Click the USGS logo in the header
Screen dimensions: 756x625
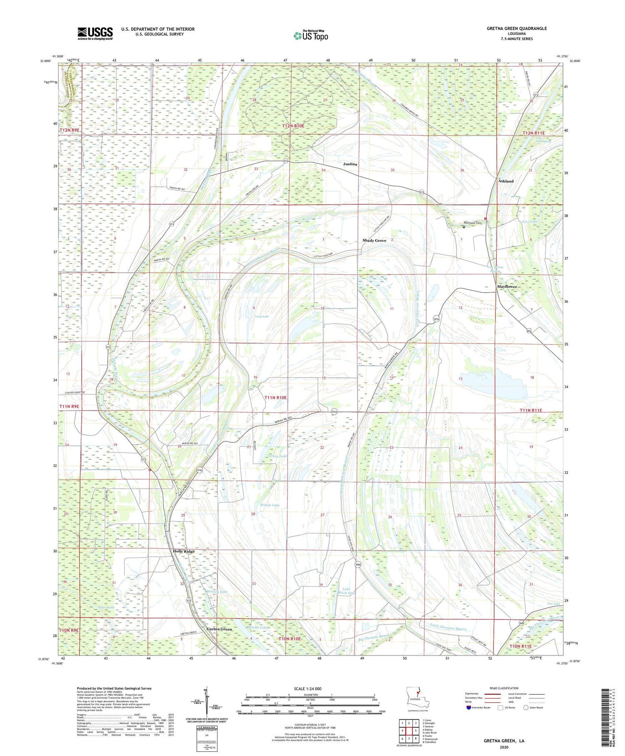pyautogui.click(x=95, y=33)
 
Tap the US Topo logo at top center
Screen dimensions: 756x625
pyautogui.click(x=310, y=35)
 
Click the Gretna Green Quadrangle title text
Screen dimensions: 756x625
pyautogui.click(x=517, y=28)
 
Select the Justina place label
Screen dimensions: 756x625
pyautogui.click(x=350, y=164)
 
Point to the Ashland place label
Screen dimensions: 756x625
pyautogui.click(x=506, y=181)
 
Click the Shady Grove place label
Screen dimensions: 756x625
pyautogui.click(x=374, y=241)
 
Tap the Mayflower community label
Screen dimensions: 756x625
pyautogui.click(x=507, y=286)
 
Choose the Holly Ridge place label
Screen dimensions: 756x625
pyautogui.click(x=184, y=551)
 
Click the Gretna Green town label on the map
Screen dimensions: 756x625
pyautogui.click(x=219, y=629)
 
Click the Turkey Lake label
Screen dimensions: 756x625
pyautogui.click(x=278, y=456)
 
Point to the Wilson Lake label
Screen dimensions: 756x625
pyautogui.click(x=270, y=505)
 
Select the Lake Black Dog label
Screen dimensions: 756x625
pyautogui.click(x=346, y=591)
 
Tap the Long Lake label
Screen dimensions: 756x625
pyautogui.click(x=262, y=316)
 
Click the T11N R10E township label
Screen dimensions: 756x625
pyautogui.click(x=275, y=397)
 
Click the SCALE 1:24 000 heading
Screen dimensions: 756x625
pyautogui.click(x=307, y=688)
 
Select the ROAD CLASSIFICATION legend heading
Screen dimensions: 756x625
pyautogui.click(x=504, y=688)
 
